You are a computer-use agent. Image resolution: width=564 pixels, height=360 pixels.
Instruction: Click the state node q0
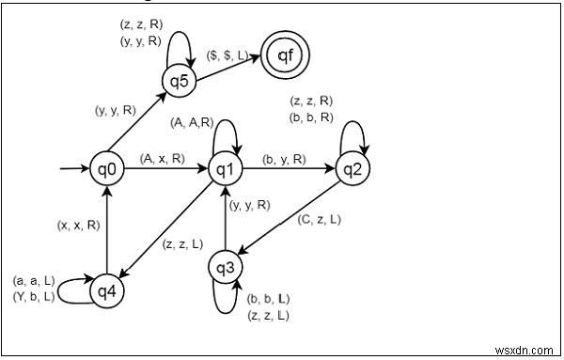pyautogui.click(x=107, y=170)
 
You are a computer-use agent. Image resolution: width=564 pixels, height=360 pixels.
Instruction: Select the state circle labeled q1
pyautogui.click(x=226, y=170)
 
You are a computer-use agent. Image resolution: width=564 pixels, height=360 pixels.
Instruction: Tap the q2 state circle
pyautogui.click(x=352, y=170)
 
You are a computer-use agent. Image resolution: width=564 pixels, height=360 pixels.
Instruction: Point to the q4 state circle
pyautogui.click(x=107, y=291)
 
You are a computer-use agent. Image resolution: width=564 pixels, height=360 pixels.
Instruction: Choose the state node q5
pyautogui.click(x=179, y=80)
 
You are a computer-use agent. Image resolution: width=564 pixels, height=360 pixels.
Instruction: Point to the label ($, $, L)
pyautogui.click(x=226, y=56)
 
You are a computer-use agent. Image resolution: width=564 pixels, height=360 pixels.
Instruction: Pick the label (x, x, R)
pyautogui.click(x=79, y=226)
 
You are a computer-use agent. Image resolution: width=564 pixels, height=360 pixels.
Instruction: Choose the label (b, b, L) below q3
pyautogui.click(x=268, y=298)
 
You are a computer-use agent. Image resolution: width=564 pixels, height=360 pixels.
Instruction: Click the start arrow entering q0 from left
pyautogui.click(x=73, y=170)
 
